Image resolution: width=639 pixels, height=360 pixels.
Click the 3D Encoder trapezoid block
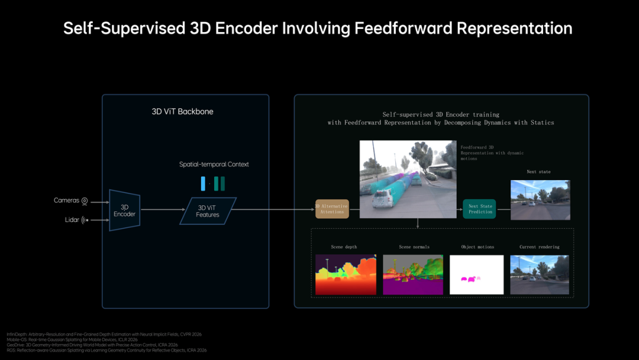click(x=125, y=210)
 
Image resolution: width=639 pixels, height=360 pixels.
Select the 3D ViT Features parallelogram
click(x=208, y=211)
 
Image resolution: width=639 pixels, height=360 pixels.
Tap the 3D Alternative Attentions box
click(x=332, y=209)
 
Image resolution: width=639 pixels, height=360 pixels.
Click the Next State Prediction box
click(x=479, y=209)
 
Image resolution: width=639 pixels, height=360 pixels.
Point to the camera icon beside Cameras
click(x=85, y=201)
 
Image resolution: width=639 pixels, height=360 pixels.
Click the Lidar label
click(x=72, y=220)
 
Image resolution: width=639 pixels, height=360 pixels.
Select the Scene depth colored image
click(x=346, y=275)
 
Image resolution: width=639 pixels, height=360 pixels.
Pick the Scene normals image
click(x=413, y=275)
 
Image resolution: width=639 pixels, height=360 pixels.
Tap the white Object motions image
click(x=476, y=275)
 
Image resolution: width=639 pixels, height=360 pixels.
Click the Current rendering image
click(x=540, y=275)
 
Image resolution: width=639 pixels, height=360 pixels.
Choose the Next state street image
click(x=540, y=200)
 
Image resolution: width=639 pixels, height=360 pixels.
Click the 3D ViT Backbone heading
click(x=182, y=111)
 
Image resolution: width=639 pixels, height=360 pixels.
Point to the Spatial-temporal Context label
click(x=214, y=164)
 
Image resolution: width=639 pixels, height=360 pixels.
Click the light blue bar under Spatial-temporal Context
click(x=203, y=184)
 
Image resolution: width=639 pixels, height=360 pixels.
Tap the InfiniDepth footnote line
click(x=104, y=335)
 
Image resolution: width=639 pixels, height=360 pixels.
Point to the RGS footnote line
click(x=106, y=350)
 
